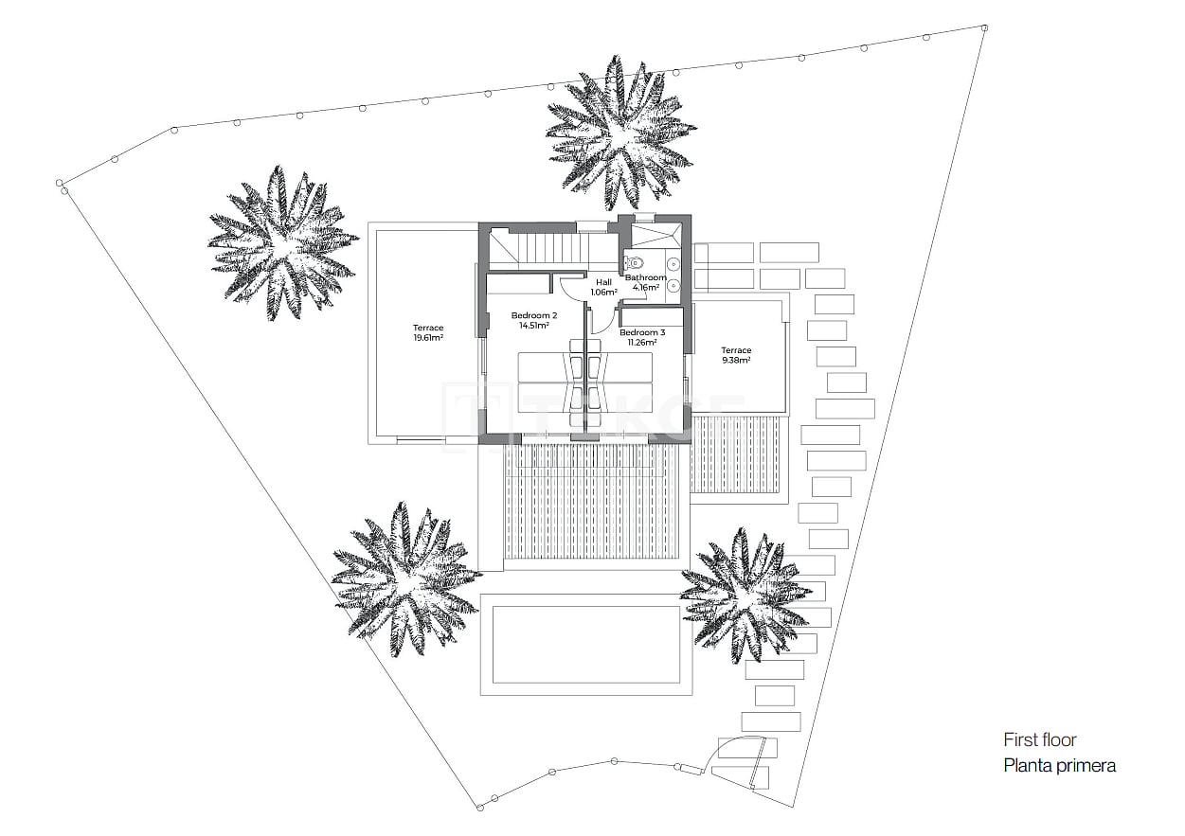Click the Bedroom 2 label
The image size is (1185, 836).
click(534, 315)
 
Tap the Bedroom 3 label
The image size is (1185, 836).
click(642, 332)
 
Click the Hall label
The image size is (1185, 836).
click(603, 282)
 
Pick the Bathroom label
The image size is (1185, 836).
click(645, 277)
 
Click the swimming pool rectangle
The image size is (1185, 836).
click(586, 644)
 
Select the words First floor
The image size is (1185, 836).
click(1040, 740)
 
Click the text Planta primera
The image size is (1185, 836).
click(1059, 766)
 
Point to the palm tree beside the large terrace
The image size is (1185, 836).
click(281, 242)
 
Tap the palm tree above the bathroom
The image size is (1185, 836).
click(620, 131)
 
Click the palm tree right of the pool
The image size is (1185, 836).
click(745, 595)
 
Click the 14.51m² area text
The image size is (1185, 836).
click(534, 326)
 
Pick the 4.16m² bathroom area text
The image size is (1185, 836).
click(645, 287)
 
